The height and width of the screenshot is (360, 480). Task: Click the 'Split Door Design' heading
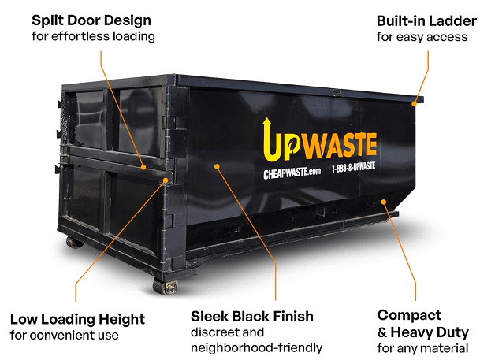point(91,21)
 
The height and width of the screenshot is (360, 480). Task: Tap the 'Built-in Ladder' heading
point(426,21)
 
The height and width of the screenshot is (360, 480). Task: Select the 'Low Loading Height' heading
point(77,320)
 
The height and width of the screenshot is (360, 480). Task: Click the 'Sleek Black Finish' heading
point(252,316)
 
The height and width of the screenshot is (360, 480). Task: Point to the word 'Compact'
point(409,316)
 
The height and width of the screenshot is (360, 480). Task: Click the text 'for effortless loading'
point(93,36)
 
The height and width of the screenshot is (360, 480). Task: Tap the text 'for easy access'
point(422,37)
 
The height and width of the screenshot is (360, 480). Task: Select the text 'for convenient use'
point(64,336)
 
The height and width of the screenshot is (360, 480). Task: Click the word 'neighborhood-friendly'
point(256,347)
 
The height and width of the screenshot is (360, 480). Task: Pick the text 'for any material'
point(422,348)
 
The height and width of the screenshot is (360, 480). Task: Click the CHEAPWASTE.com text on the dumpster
point(292,173)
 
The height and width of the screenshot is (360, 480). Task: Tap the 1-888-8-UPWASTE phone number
point(354,167)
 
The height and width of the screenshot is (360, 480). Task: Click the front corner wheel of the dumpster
point(165,287)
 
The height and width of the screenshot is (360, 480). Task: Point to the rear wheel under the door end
point(74,243)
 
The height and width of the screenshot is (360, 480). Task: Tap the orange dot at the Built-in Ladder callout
point(414,104)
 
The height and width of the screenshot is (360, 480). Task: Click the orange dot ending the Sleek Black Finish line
point(217,167)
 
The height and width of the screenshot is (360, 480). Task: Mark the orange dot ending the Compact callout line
point(384,202)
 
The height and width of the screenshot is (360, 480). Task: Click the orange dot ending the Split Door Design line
point(143,167)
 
